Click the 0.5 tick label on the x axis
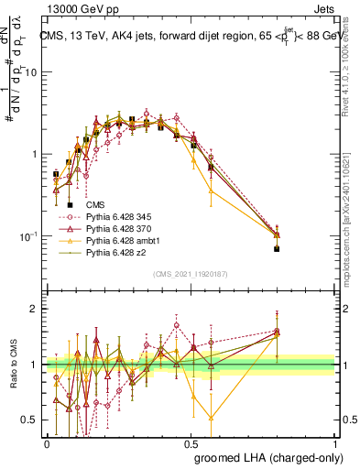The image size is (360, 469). tap(191, 442)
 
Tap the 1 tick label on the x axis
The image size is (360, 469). tap(335, 442)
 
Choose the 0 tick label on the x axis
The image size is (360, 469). tap(47, 442)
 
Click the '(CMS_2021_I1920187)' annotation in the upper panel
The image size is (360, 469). tap(190, 274)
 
